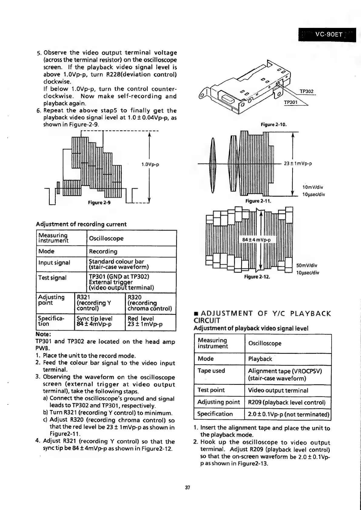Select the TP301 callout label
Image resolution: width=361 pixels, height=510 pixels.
(x=291, y=103)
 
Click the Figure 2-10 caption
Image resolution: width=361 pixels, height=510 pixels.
(x=273, y=125)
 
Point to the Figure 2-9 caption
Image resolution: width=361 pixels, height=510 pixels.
(x=99, y=202)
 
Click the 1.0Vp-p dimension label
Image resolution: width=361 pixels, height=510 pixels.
(x=150, y=165)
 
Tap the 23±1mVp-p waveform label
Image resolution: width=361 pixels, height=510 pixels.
(x=298, y=164)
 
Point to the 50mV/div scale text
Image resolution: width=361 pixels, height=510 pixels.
(x=307, y=266)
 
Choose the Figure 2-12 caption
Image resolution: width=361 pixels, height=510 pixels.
(x=257, y=277)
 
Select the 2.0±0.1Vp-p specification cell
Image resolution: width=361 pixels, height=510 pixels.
(x=288, y=414)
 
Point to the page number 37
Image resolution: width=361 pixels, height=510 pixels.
(x=187, y=488)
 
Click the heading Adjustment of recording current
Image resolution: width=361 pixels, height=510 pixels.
(x=81, y=224)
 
